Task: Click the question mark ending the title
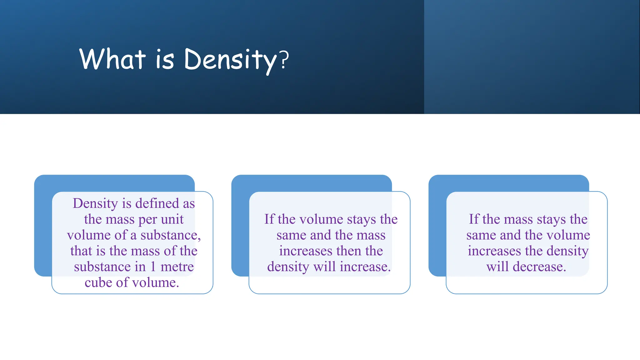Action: tap(284, 60)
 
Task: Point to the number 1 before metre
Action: tap(153, 267)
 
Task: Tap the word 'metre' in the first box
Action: tap(177, 267)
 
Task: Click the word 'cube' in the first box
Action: tap(98, 283)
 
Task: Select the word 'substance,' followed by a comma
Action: tap(171, 235)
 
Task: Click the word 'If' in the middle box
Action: tap(269, 219)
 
